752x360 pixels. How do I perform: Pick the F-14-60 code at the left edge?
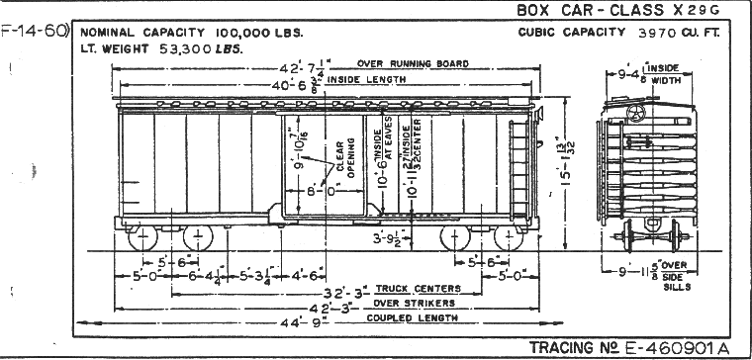point(32,31)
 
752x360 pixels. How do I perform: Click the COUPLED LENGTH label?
point(415,318)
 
